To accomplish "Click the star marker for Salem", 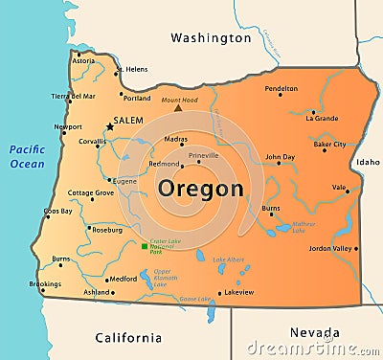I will tap(110, 125).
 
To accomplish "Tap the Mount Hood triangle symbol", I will tap(178, 108).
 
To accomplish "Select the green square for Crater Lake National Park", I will tap(145, 246).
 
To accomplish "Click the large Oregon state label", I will tap(201, 189).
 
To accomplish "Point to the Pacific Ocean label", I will tap(27, 156).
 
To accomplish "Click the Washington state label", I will tap(211, 38).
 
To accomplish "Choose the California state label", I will tap(129, 337).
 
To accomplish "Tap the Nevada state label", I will tap(314, 332).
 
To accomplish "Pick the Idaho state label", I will tap(368, 163).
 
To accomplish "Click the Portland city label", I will tap(137, 98).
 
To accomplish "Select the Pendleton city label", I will tap(281, 88).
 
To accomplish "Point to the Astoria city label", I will tap(84, 60).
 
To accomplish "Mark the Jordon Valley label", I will tap(330, 248).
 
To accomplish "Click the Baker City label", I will tap(329, 145).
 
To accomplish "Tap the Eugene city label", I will tap(125, 180).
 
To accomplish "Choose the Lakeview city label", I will tap(238, 291).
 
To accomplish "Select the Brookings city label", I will tap(45, 283).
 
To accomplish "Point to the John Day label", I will tap(280, 156).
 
